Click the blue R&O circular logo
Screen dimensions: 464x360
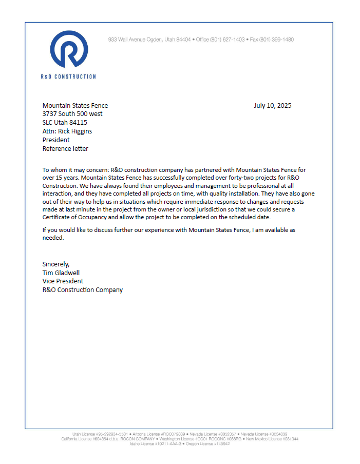(69, 49)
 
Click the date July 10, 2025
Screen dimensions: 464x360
(272, 106)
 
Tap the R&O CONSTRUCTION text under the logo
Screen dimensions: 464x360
(68, 76)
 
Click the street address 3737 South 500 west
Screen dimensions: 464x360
(72, 114)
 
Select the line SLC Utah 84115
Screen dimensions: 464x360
(65, 123)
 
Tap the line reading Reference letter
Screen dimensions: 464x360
(65, 149)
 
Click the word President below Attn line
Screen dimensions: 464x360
(56, 140)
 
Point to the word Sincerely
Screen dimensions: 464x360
(56, 264)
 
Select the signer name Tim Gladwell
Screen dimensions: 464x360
(61, 273)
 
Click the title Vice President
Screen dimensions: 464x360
(63, 281)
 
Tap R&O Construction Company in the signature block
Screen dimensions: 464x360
(83, 290)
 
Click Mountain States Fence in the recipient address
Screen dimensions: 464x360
(75, 106)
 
